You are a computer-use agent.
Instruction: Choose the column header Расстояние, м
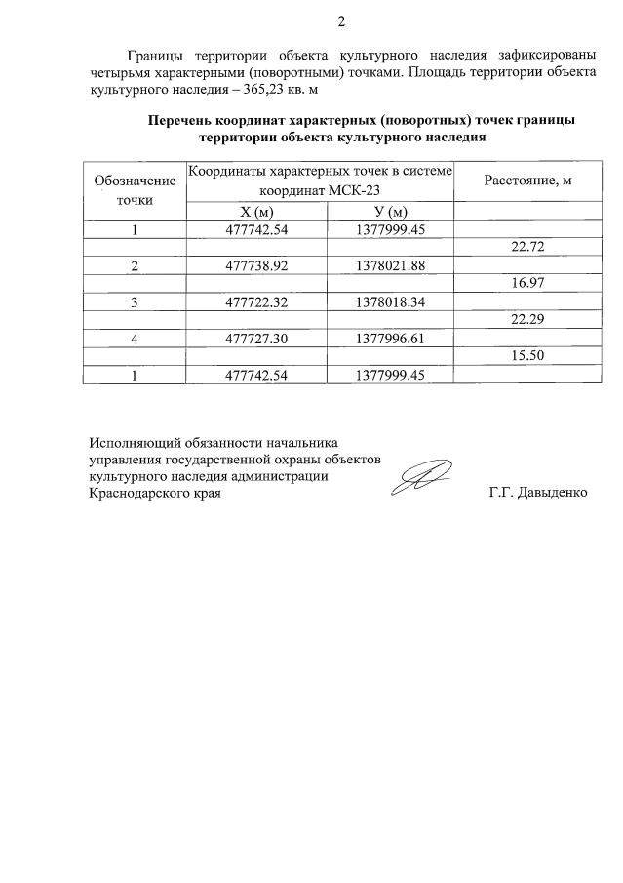pos(527,181)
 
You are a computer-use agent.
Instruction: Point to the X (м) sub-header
pos(256,213)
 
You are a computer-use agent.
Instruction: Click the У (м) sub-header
pos(390,213)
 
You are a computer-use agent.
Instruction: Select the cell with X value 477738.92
pos(256,265)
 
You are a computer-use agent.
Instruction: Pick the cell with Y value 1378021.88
pos(390,265)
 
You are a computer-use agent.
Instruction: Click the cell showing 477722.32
pos(256,301)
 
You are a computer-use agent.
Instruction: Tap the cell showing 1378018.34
pos(390,301)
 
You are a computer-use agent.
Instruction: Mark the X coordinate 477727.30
pos(256,338)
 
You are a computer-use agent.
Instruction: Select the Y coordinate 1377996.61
pos(390,338)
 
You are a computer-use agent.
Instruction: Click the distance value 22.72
pos(527,248)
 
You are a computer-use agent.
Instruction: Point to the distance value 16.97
pos(527,284)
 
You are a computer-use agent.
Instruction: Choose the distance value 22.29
pos(527,320)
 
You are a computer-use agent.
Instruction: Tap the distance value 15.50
pos(527,356)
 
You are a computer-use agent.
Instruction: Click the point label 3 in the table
pos(135,301)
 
